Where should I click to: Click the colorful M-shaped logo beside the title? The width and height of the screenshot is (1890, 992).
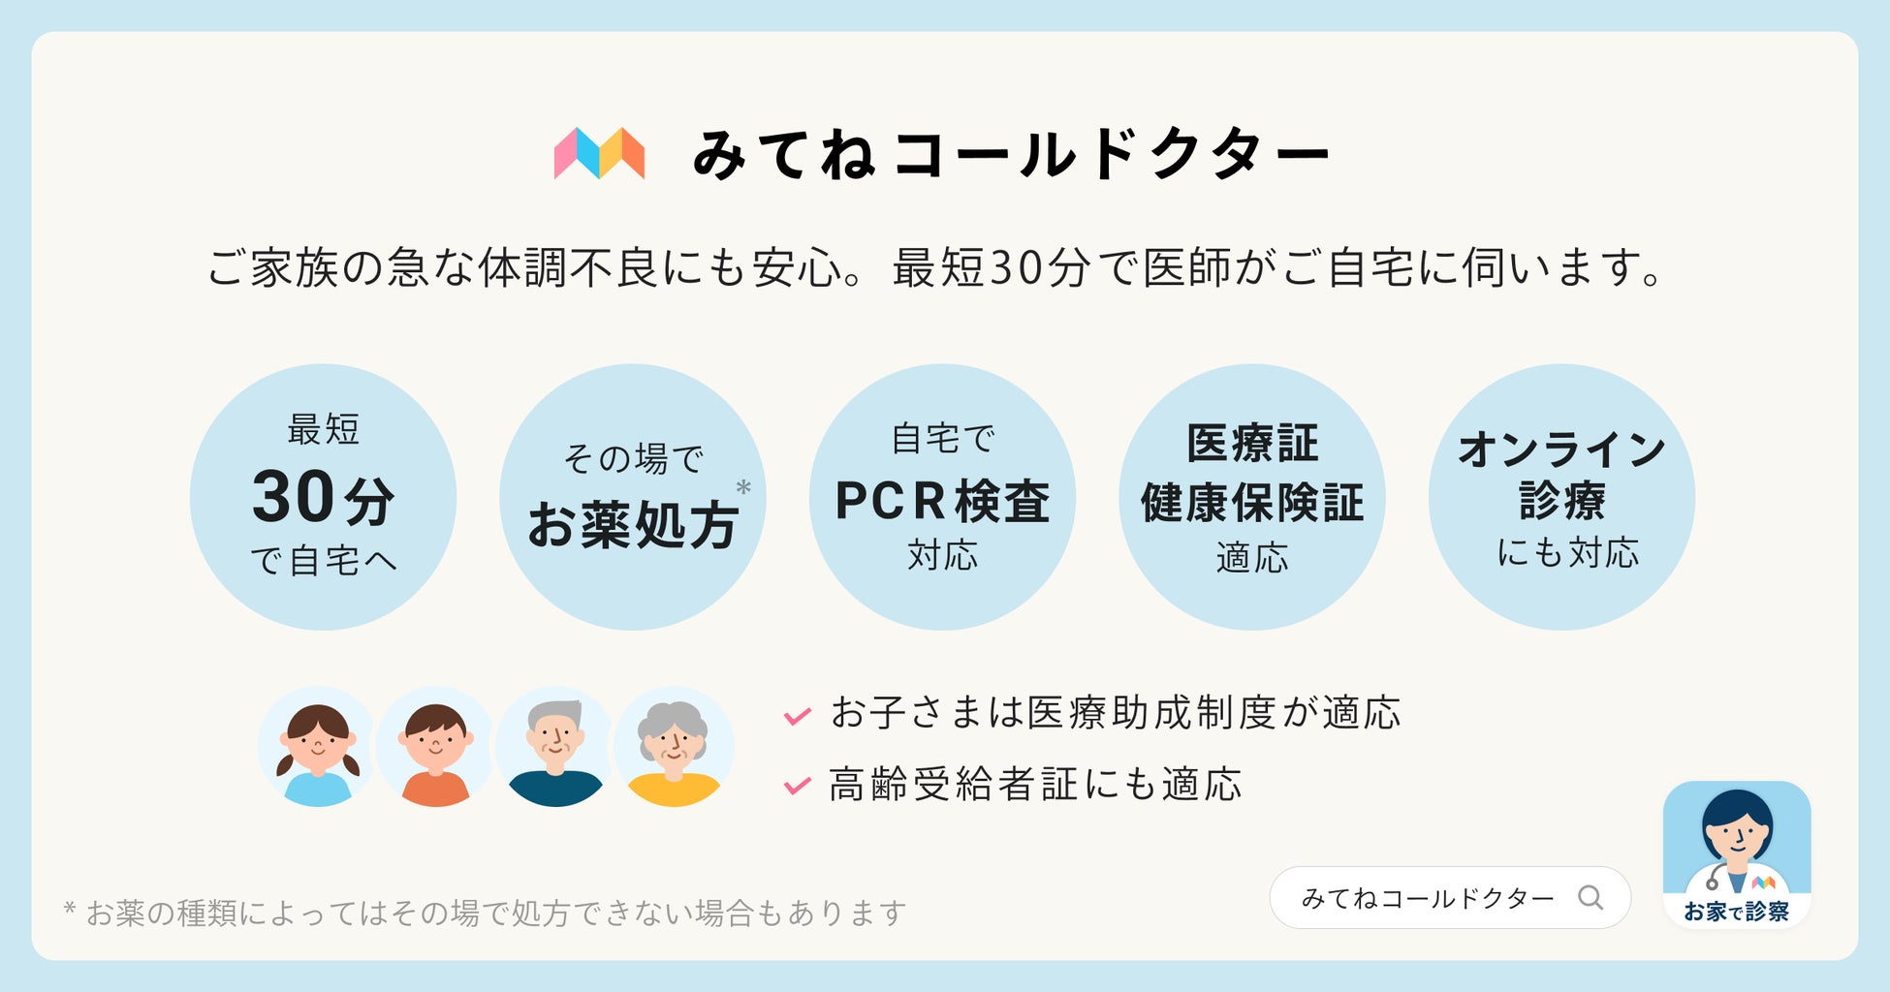pos(599,153)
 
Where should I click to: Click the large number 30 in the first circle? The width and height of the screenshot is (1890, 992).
pos(293,497)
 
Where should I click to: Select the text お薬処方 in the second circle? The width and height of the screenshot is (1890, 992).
pos(632,525)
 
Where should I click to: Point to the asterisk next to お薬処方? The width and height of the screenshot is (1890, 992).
pos(743,488)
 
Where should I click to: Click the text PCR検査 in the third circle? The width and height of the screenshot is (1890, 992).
pos(942,501)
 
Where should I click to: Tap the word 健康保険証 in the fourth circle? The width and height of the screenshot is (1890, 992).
pos(1251,502)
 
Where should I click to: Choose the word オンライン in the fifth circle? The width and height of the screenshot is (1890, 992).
pos(1561,449)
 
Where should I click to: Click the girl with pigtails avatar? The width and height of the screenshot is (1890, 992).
pos(317,746)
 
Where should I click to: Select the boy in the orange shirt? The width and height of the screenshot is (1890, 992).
pos(435,746)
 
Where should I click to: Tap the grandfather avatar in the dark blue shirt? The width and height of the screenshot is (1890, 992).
pos(554,746)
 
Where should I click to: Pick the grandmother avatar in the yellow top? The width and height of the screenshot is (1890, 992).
pos(674,746)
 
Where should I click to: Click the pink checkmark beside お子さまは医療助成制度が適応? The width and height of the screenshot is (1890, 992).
pos(797,716)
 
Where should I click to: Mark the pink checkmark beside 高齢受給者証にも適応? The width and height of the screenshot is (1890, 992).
pos(797,786)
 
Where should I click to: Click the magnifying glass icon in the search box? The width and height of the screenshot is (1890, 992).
pos(1590,897)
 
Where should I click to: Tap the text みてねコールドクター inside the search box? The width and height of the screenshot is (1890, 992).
pos(1427,898)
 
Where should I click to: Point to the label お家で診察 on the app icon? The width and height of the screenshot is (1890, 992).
pos(1736,912)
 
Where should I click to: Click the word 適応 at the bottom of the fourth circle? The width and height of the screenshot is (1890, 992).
pos(1251,558)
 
